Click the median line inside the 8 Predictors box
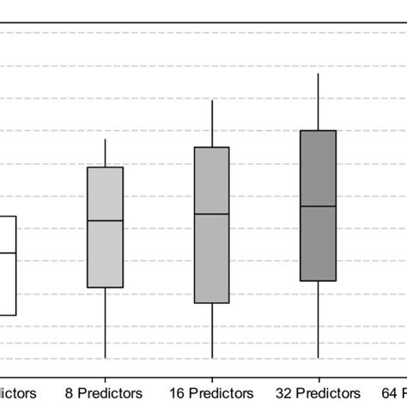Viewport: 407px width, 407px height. (105, 221)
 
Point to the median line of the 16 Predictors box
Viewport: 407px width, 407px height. (211, 213)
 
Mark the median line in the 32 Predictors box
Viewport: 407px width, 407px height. (318, 206)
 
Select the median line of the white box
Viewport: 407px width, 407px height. (8, 252)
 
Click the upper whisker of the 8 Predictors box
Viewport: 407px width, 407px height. (105, 153)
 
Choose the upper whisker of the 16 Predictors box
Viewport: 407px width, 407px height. (211, 124)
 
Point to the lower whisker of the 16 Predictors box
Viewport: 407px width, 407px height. (211, 331)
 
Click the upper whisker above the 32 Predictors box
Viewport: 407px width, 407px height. (319, 101)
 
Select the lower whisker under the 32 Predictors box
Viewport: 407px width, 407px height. (319, 319)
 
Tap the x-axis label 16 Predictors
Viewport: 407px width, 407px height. (211, 392)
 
